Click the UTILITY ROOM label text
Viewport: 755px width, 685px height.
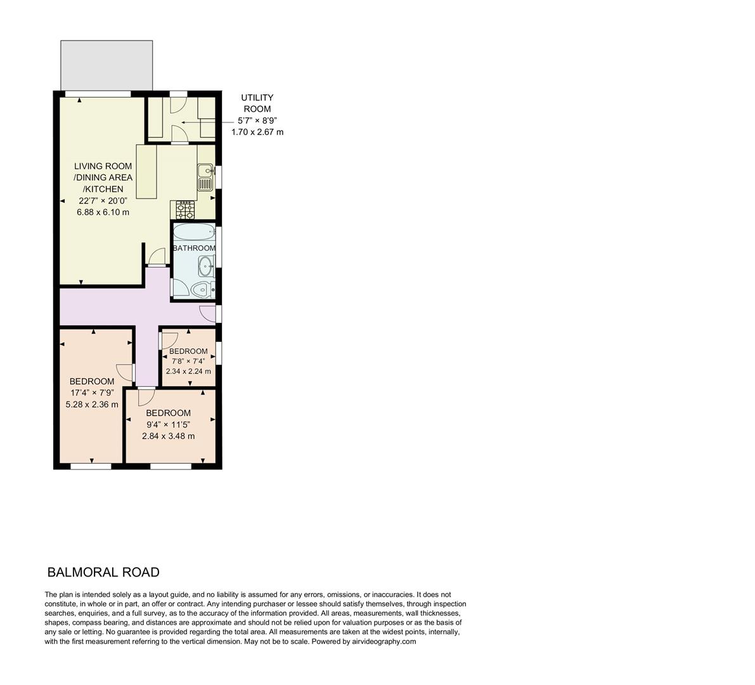[257, 103]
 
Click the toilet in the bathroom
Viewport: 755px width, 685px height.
[202, 290]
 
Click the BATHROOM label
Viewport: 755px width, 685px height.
[194, 248]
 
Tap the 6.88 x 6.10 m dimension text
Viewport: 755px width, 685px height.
[103, 212]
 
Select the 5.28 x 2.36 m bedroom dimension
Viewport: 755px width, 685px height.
[92, 404]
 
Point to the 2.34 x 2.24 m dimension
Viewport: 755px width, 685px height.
[188, 372]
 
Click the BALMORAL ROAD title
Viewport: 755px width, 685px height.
[103, 572]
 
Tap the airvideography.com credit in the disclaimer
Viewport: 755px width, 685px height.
[383, 641]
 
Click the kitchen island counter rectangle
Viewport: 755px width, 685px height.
[146, 173]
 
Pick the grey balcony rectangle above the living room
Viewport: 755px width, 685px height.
[106, 65]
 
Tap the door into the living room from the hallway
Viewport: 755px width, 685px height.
[155, 256]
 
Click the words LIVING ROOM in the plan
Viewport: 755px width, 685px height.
[103, 166]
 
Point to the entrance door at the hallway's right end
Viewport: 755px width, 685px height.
[207, 313]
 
